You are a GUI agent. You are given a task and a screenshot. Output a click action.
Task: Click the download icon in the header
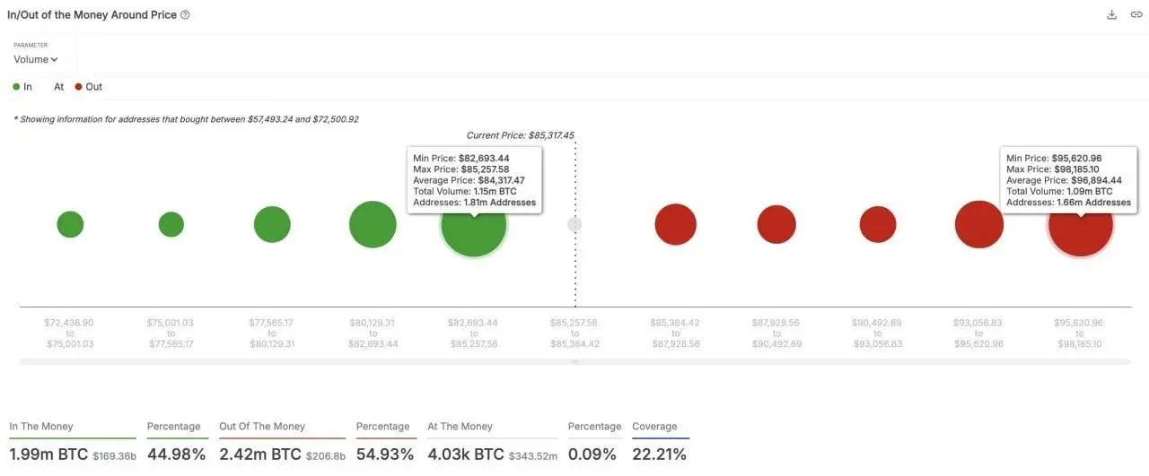coord(1112,14)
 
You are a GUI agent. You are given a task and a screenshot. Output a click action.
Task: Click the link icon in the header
coord(1136,14)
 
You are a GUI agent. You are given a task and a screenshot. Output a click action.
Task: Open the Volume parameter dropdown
coord(36,59)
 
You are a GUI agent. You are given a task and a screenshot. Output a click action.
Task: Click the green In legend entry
coord(22,87)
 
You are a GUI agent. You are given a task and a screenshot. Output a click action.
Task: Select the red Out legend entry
coord(88,87)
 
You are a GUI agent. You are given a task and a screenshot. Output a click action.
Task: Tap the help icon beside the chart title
coord(185,15)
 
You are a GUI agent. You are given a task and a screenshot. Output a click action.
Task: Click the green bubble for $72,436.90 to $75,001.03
coord(70,224)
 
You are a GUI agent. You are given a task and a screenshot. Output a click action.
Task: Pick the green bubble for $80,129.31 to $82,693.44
coord(373,224)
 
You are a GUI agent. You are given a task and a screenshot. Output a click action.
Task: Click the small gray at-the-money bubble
coord(574,224)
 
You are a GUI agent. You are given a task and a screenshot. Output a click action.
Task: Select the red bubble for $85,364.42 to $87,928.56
coord(676,224)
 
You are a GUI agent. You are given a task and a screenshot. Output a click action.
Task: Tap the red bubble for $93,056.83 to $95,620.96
coord(979,224)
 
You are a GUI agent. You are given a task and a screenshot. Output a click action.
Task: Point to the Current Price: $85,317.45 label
coord(520,135)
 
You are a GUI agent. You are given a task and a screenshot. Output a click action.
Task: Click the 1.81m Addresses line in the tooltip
coord(474,203)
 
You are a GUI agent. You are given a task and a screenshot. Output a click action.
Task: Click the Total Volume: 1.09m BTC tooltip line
coord(1059,191)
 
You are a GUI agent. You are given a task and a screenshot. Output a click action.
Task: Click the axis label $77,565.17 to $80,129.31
coord(272,333)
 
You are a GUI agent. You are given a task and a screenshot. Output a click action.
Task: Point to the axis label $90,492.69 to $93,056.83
coord(877,333)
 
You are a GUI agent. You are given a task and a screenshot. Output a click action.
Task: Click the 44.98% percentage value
coord(177,454)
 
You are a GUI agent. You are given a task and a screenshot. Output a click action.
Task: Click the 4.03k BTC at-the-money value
coord(467,454)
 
